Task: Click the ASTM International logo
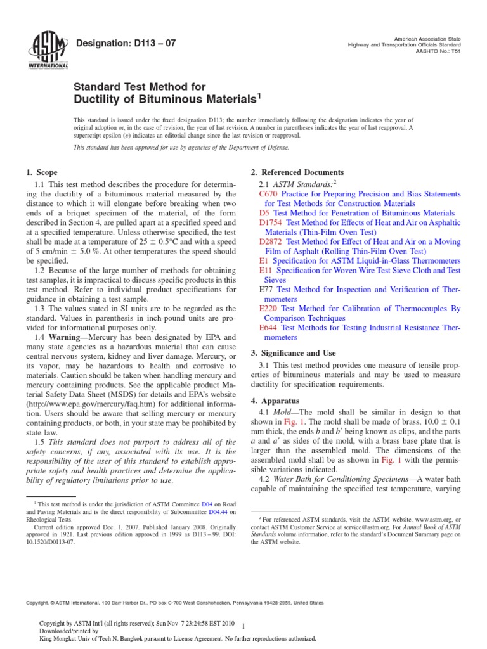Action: (48, 49)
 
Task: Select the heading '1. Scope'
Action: (42, 172)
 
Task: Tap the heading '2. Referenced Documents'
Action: (297, 172)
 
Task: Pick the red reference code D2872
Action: (273, 242)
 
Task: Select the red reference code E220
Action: (269, 309)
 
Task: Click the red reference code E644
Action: (269, 328)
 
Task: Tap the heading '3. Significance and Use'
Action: (296, 353)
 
